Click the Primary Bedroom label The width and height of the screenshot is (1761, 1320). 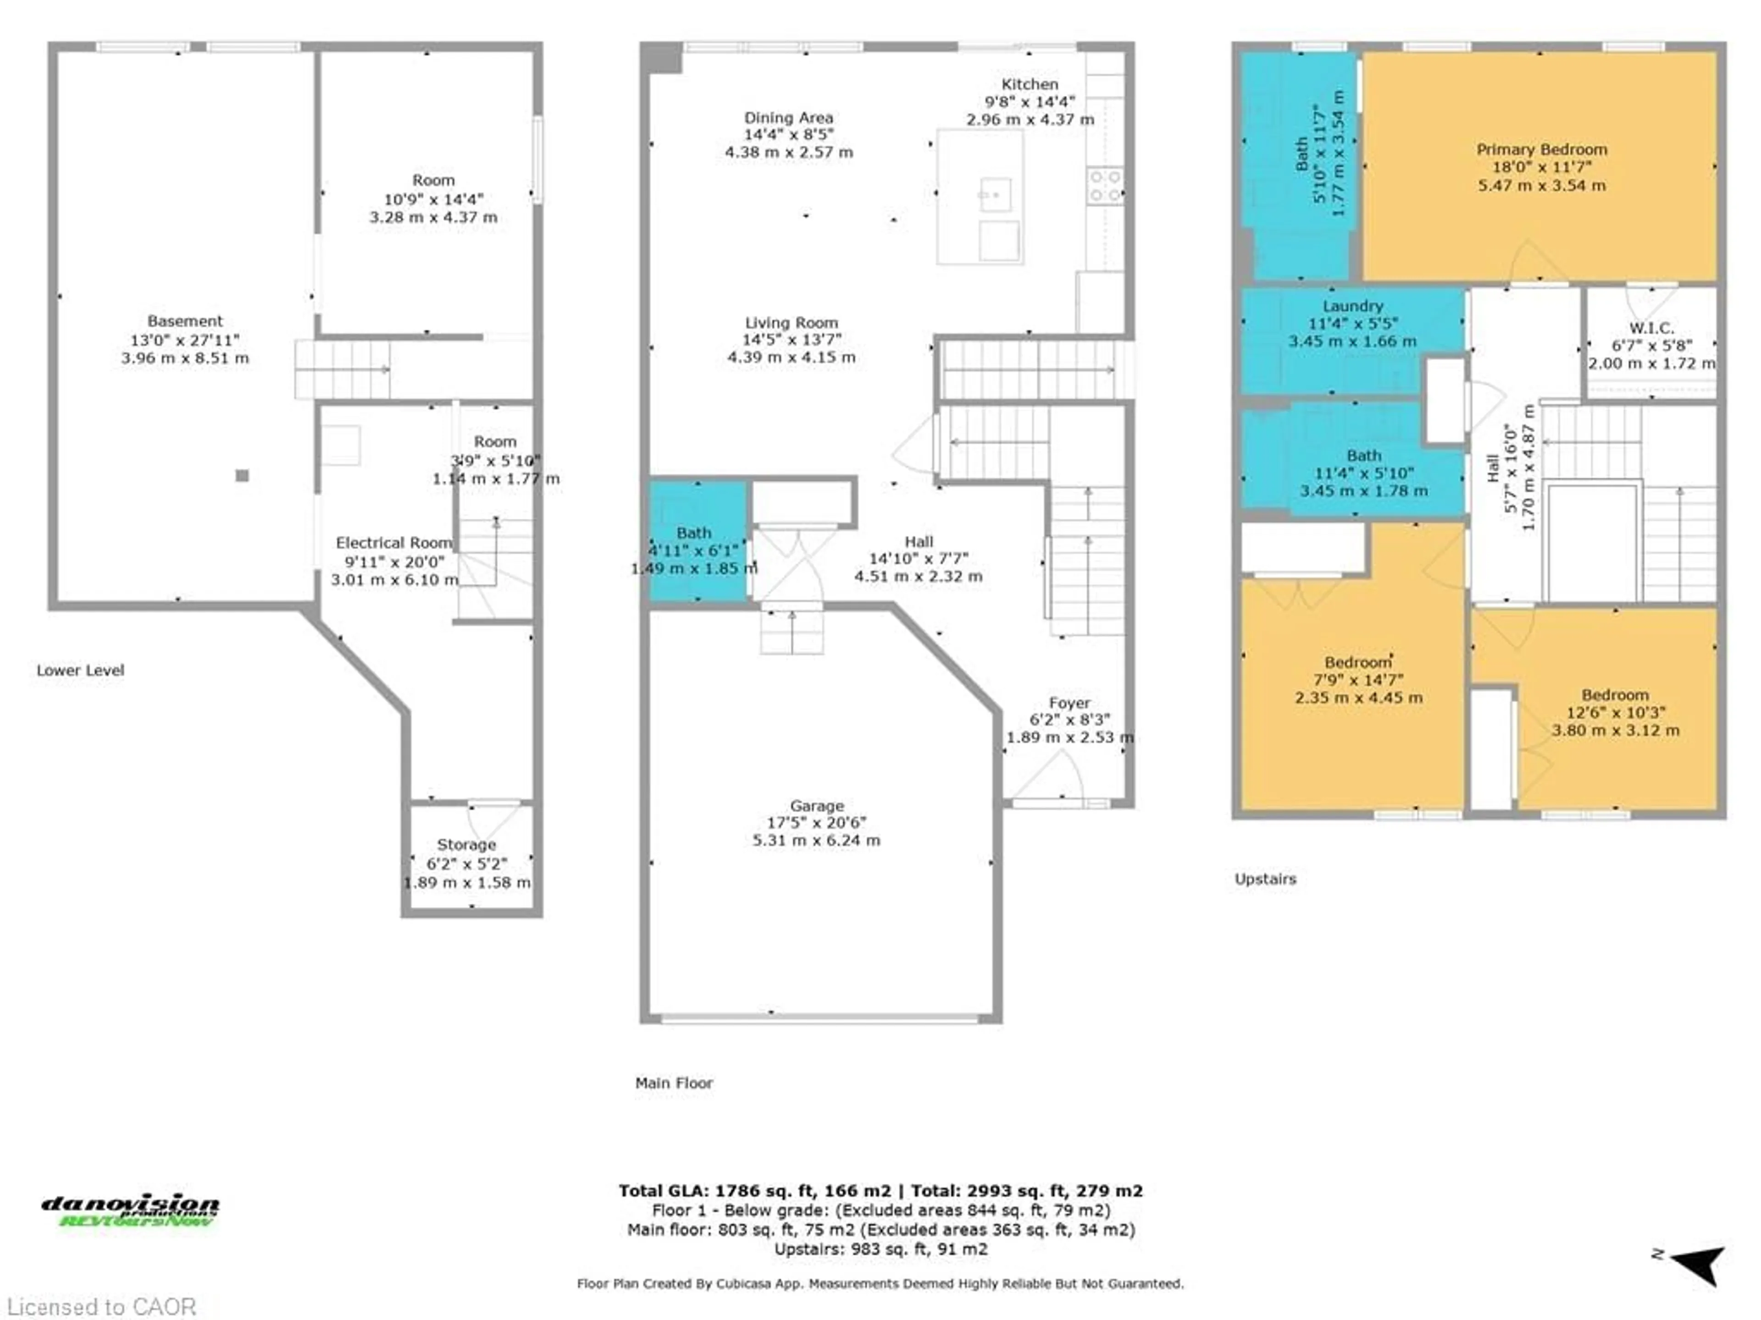[x=1541, y=149]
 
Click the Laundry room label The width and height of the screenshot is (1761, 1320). [x=1352, y=306]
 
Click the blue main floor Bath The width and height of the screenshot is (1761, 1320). [x=696, y=541]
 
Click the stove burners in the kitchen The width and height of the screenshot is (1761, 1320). [x=1105, y=185]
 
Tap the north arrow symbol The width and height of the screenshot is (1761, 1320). [x=1699, y=1264]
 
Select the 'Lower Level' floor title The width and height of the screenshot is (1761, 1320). [x=80, y=671]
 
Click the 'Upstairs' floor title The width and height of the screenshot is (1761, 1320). [x=1265, y=879]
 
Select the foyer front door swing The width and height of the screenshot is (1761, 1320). [x=1051, y=776]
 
